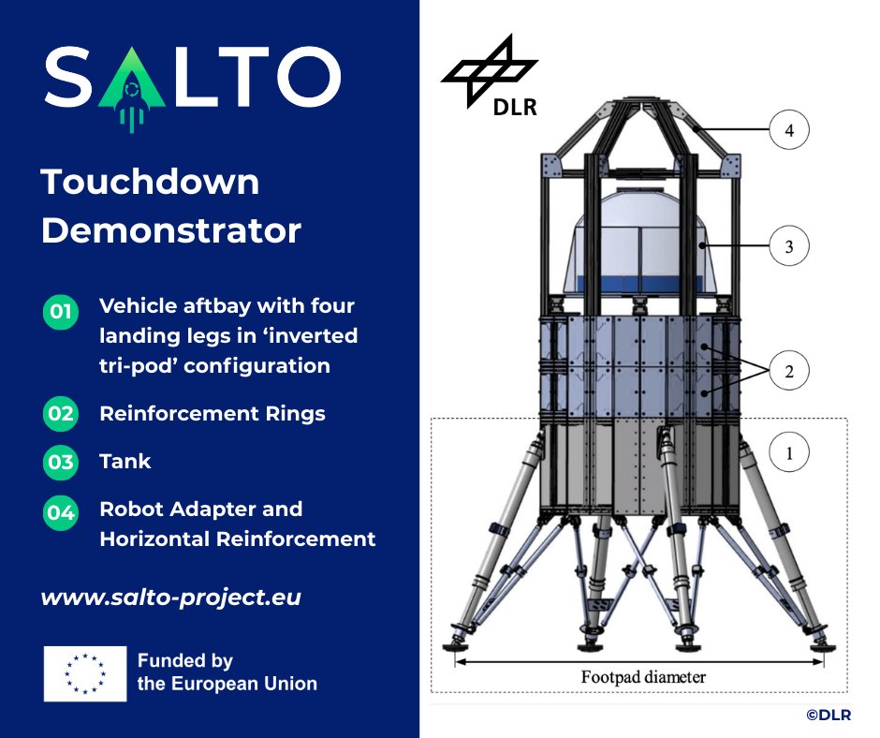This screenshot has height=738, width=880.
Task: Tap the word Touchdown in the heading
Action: tap(150, 182)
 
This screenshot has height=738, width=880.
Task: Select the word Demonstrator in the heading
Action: tap(171, 230)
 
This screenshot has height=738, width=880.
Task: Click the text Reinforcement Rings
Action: tap(213, 413)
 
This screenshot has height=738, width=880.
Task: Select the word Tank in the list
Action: tap(125, 462)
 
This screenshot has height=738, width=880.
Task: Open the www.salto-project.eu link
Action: tap(170, 597)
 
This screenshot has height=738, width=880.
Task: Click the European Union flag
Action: tap(84, 672)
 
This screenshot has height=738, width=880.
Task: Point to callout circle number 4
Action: tap(789, 131)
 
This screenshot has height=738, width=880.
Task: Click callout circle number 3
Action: tap(789, 247)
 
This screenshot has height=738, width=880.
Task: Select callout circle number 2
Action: tap(789, 372)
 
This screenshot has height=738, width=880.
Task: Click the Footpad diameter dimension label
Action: tap(643, 676)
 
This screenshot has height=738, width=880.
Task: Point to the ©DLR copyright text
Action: tap(829, 715)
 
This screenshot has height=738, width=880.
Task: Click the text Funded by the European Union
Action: tap(227, 672)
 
